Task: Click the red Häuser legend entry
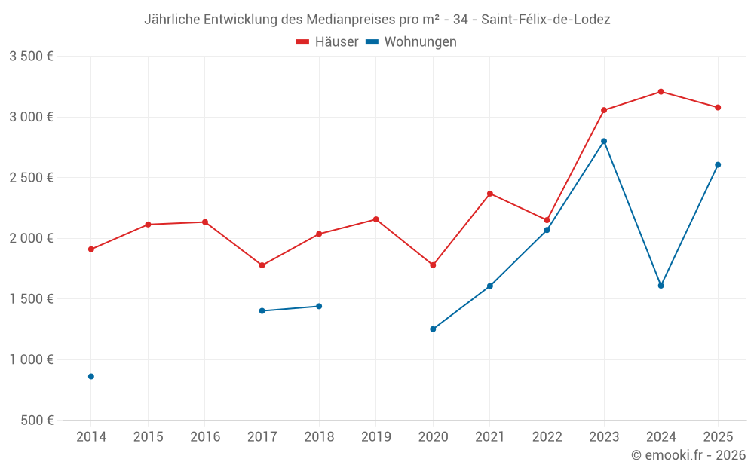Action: [x=327, y=42]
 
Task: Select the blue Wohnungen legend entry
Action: [x=411, y=42]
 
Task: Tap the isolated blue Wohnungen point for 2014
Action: [x=91, y=376]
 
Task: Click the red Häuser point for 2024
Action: [x=661, y=92]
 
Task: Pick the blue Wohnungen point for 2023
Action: [x=604, y=141]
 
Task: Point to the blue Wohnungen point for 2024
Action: [x=661, y=286]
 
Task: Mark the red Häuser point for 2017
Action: [x=262, y=265]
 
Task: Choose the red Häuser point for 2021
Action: [x=490, y=194]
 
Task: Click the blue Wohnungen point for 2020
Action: [x=433, y=329]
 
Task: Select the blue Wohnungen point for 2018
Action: [x=319, y=306]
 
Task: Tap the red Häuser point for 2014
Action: [x=91, y=249]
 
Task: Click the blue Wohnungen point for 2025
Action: [x=718, y=164]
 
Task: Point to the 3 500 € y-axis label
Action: [x=31, y=57]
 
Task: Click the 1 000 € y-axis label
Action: [x=31, y=359]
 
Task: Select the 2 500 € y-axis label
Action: [x=31, y=178]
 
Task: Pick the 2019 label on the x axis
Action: [x=375, y=436]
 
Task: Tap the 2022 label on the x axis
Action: [x=547, y=436]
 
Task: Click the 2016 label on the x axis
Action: [x=205, y=436]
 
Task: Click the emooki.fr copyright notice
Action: [x=688, y=455]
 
